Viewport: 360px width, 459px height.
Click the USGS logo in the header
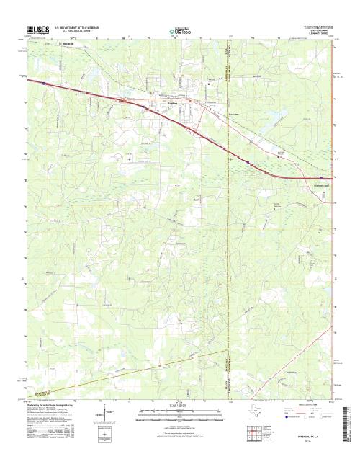(40, 30)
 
